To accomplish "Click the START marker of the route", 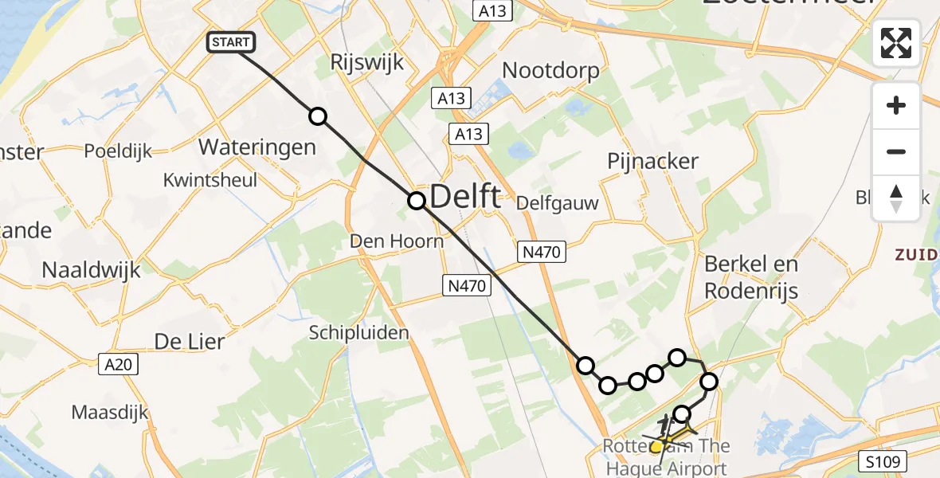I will click(231, 42).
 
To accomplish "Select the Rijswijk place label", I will click(367, 63).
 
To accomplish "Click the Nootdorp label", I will click(550, 71).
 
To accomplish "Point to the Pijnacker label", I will click(652, 161).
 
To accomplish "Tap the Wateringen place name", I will click(257, 147).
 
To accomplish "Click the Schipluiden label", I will click(359, 332).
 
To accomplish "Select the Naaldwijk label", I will click(91, 270).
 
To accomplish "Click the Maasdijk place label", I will click(110, 413).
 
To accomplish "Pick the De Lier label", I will click(189, 342).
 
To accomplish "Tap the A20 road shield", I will click(120, 364).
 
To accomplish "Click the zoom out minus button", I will click(896, 151).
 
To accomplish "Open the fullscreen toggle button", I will click(896, 43).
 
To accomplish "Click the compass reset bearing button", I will click(896, 198).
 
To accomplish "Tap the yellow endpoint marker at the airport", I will click(656, 447).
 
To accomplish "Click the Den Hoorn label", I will click(398, 241).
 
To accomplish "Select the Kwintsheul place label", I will click(210, 180).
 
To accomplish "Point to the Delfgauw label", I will click(558, 203).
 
